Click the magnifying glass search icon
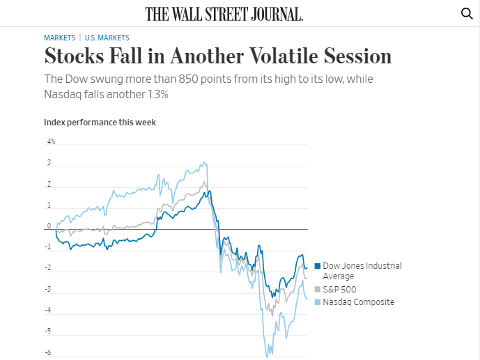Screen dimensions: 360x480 point(467,13)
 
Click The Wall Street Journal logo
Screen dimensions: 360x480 point(224,14)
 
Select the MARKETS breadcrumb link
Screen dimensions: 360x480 point(59,38)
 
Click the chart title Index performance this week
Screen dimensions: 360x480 point(100,123)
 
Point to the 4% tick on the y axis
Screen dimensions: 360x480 point(51,142)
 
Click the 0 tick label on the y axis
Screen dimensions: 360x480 point(49,226)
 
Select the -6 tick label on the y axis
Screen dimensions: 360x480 point(49,352)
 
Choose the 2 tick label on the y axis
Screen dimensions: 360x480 point(49,185)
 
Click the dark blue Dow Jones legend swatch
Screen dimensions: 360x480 point(318,266)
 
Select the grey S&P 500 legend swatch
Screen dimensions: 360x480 point(318,289)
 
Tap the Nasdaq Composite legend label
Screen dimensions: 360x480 point(358,302)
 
